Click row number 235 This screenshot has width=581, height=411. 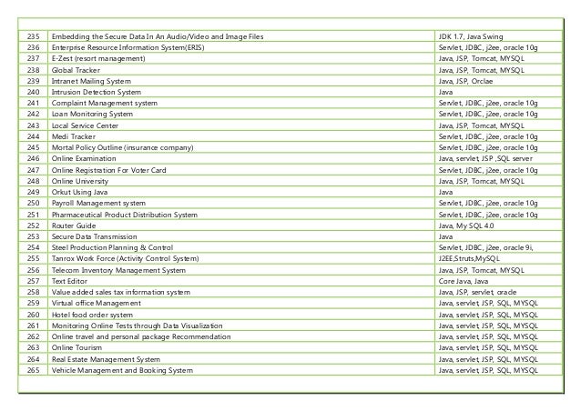pyautogui.click(x=36, y=35)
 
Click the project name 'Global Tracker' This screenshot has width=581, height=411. pyautogui.click(x=76, y=69)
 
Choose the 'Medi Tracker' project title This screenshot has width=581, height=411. pyautogui.click(x=74, y=136)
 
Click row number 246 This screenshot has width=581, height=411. pyautogui.click(x=36, y=158)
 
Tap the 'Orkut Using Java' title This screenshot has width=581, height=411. pyautogui.click(x=81, y=192)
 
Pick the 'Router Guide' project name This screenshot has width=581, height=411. pyautogui.click(x=75, y=226)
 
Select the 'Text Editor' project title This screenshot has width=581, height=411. pyautogui.click(x=70, y=281)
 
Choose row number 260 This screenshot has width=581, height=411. pyautogui.click(x=36, y=315)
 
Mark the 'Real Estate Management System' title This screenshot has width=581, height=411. pyautogui.click(x=106, y=359)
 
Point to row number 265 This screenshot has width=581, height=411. pyautogui.click(x=36, y=370)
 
